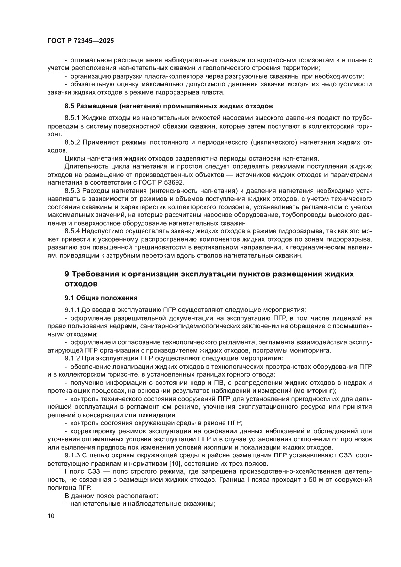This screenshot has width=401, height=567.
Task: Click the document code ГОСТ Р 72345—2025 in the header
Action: coord(80,41)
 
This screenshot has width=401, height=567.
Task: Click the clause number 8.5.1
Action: coord(73,118)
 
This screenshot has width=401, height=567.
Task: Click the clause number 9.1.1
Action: coord(73,309)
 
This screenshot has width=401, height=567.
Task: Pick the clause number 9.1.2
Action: coord(73,358)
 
